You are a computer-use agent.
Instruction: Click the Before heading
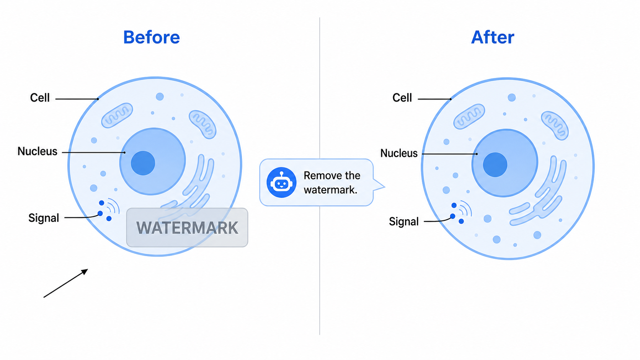(x=152, y=37)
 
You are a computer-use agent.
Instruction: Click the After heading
(x=493, y=37)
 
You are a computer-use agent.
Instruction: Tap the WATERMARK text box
(x=187, y=228)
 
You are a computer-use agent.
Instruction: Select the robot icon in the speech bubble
(x=281, y=182)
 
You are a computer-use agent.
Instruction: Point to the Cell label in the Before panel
(x=40, y=98)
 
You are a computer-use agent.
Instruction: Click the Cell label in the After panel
(x=402, y=98)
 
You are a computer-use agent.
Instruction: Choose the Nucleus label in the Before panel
(x=38, y=151)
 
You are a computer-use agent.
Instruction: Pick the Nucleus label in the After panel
(x=399, y=153)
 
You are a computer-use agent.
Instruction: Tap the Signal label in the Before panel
(x=44, y=218)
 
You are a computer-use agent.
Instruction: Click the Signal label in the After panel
(x=404, y=222)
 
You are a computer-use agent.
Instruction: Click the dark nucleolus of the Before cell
(x=143, y=163)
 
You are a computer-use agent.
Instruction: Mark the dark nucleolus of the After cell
(x=495, y=165)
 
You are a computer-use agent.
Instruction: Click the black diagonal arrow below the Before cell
(x=66, y=283)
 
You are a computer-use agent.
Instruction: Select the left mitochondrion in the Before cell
(x=117, y=115)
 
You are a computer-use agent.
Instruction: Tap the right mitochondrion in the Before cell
(x=202, y=124)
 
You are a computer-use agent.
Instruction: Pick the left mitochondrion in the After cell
(x=469, y=116)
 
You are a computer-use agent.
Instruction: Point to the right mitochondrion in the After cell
(x=555, y=125)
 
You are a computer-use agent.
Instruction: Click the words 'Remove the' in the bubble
(x=332, y=176)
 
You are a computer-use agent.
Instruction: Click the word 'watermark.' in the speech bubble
(x=331, y=190)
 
